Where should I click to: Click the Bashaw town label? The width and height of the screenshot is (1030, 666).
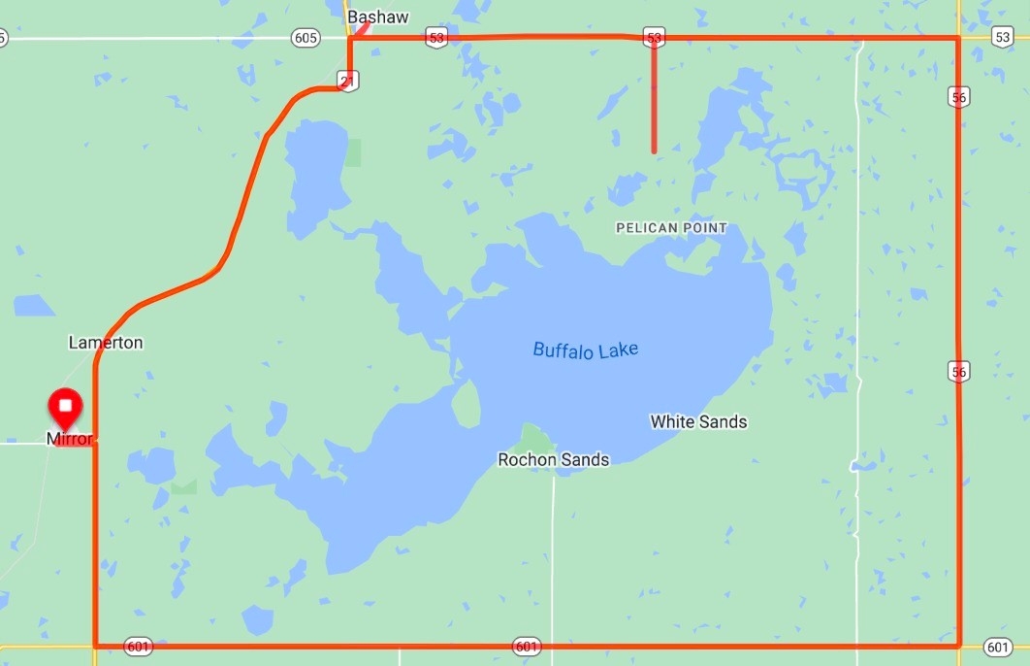pyautogui.click(x=378, y=17)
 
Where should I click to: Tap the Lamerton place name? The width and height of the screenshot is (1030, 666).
pyautogui.click(x=106, y=342)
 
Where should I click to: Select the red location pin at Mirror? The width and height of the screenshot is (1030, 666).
pyautogui.click(x=66, y=406)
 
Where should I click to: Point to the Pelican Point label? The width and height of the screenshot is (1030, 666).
pyautogui.click(x=671, y=228)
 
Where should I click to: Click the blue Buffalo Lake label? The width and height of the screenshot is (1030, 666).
pyautogui.click(x=586, y=350)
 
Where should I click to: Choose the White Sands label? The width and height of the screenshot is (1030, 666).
pyautogui.click(x=698, y=421)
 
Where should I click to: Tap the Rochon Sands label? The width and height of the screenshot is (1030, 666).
pyautogui.click(x=553, y=459)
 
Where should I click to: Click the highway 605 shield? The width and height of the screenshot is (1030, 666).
pyautogui.click(x=305, y=38)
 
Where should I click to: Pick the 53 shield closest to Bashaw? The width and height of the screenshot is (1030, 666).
pyautogui.click(x=436, y=38)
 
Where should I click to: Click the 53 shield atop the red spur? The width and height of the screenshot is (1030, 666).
pyautogui.click(x=654, y=38)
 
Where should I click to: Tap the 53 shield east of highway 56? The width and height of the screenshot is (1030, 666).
pyautogui.click(x=1002, y=37)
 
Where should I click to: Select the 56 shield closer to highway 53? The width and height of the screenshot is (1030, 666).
pyautogui.click(x=959, y=96)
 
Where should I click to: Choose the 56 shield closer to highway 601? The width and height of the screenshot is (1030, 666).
pyautogui.click(x=959, y=371)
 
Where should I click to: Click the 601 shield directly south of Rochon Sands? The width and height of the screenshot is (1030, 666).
pyautogui.click(x=527, y=646)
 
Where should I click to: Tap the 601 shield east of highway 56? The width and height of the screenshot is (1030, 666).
pyautogui.click(x=998, y=646)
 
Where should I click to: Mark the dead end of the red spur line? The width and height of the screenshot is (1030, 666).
pyautogui.click(x=654, y=150)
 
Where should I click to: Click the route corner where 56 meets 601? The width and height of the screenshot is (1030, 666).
pyautogui.click(x=959, y=645)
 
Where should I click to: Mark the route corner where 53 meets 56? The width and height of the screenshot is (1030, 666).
pyautogui.click(x=958, y=39)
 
